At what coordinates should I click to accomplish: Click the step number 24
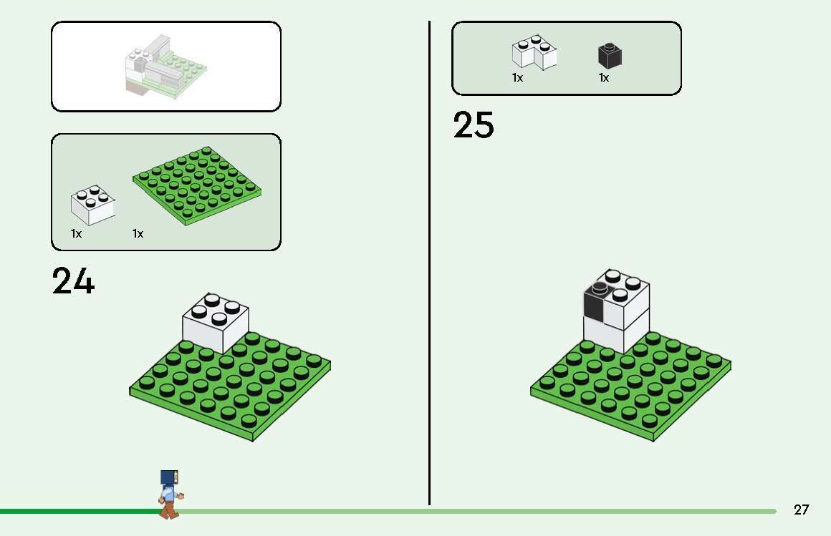click(x=73, y=281)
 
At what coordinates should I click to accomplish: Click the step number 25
click(x=474, y=125)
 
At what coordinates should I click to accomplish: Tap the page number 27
click(x=801, y=510)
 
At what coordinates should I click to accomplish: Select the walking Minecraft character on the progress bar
click(x=169, y=494)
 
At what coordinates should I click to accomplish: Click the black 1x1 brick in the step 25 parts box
click(x=609, y=56)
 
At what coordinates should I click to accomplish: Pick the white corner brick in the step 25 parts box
click(x=534, y=53)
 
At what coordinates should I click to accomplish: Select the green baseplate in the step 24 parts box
click(x=197, y=185)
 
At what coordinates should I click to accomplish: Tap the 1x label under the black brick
click(x=603, y=78)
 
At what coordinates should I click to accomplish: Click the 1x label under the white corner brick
click(x=517, y=78)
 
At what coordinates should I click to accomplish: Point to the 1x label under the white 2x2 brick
click(x=76, y=234)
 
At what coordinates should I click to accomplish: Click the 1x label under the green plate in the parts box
click(x=138, y=234)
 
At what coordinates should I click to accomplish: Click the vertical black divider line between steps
click(x=430, y=265)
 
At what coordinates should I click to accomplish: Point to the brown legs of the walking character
click(x=169, y=509)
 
